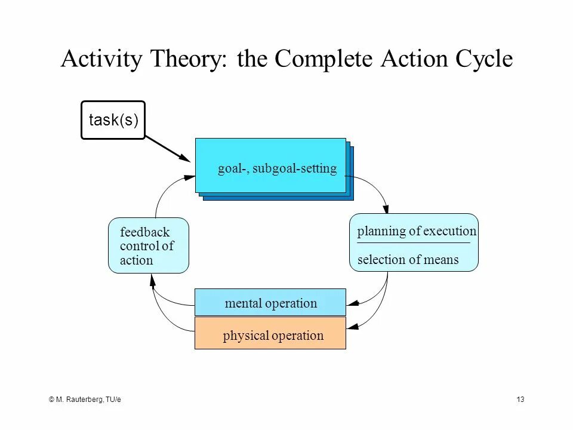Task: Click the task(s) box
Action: point(113,120)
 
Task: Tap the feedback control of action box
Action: point(148,245)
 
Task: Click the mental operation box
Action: point(270,303)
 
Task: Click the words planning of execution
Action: point(417,232)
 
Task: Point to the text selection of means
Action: point(408,260)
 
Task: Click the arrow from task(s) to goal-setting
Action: point(168,149)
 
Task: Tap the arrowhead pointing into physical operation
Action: point(352,326)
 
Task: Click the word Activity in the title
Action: point(101,60)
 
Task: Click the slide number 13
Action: point(520,399)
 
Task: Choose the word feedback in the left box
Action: point(144,232)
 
